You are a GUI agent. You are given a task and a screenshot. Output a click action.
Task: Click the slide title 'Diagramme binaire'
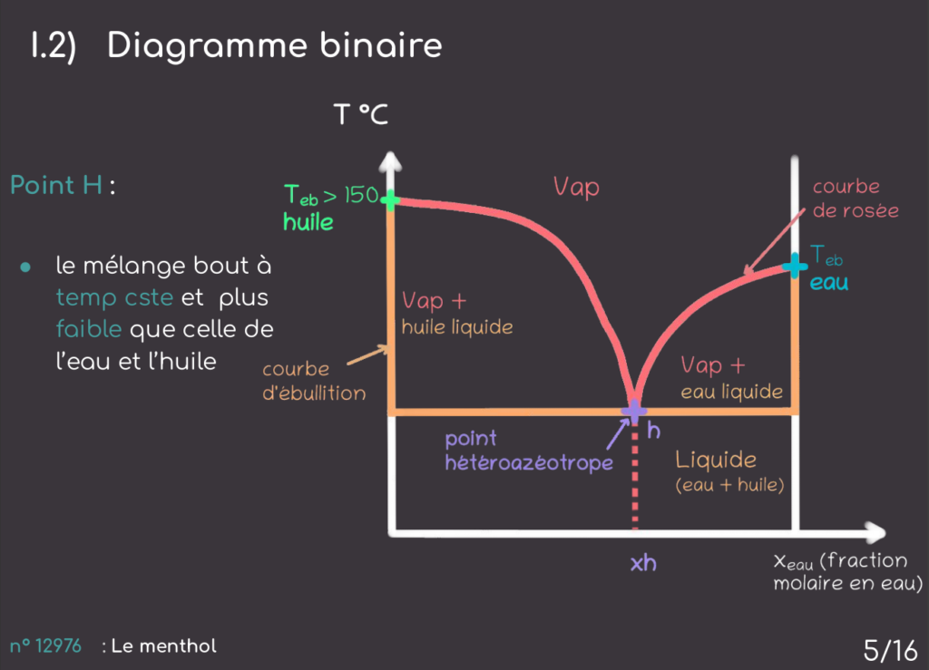pos(274,45)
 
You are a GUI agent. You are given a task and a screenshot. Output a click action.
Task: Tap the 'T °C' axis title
pos(360,115)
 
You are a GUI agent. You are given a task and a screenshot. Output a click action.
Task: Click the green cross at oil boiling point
pos(391,199)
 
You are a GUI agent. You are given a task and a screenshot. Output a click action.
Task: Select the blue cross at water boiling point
pos(795,266)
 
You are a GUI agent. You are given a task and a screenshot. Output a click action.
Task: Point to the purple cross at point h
pos(633,411)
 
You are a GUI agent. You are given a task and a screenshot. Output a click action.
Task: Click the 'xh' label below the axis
pos(643,563)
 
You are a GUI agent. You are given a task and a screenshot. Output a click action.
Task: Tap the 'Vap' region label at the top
pos(576,188)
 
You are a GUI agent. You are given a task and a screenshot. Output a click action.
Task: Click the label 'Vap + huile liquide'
pos(448,312)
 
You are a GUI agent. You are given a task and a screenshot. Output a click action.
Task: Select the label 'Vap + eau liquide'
pos(731,377)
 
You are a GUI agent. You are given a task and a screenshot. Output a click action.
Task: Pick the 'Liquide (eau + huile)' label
pos(729,471)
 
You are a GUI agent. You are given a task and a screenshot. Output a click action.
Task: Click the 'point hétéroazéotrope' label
pos(528,451)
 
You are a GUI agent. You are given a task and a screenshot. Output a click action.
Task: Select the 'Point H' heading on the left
pos(56,186)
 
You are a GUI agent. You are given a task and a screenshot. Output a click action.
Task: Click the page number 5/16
pos(890,649)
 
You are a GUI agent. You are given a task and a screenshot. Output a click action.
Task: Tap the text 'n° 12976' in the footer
pos(45,646)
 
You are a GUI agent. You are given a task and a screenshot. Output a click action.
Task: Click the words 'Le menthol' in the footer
pos(164,646)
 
